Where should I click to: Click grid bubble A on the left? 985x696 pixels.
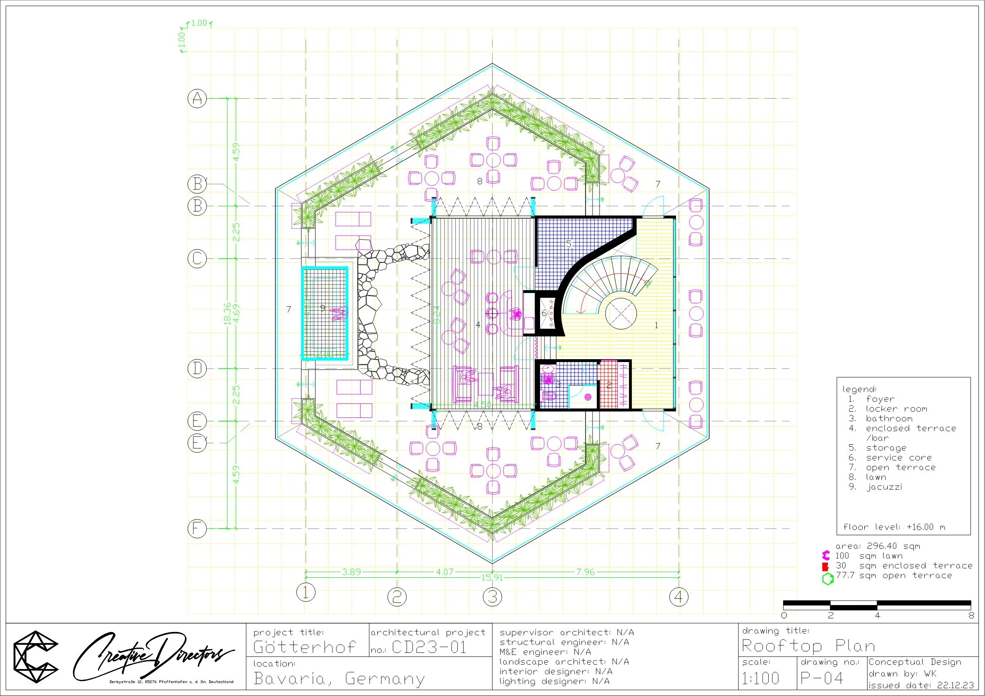tap(197, 99)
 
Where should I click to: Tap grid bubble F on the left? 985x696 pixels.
tap(197, 528)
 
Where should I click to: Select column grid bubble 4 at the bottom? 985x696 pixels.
tap(679, 596)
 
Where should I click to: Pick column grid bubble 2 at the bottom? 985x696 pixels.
tap(397, 596)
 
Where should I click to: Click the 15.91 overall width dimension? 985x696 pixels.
tap(492, 578)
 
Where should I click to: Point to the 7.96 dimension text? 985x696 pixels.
tap(585, 572)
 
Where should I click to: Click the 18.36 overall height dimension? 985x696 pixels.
tap(228, 313)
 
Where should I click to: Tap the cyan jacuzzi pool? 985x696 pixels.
tap(324, 313)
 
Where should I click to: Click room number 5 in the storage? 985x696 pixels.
tap(569, 244)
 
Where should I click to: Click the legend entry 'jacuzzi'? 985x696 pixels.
tap(884, 487)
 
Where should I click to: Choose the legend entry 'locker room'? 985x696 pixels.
tap(896, 409)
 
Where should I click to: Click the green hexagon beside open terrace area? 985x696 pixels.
tap(827, 579)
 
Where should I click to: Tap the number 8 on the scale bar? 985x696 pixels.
tap(971, 616)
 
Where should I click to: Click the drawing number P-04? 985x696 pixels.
tap(822, 678)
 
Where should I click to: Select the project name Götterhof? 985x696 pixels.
tap(305, 647)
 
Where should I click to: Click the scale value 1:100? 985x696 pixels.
tap(760, 678)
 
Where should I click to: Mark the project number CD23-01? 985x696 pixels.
tap(429, 647)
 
